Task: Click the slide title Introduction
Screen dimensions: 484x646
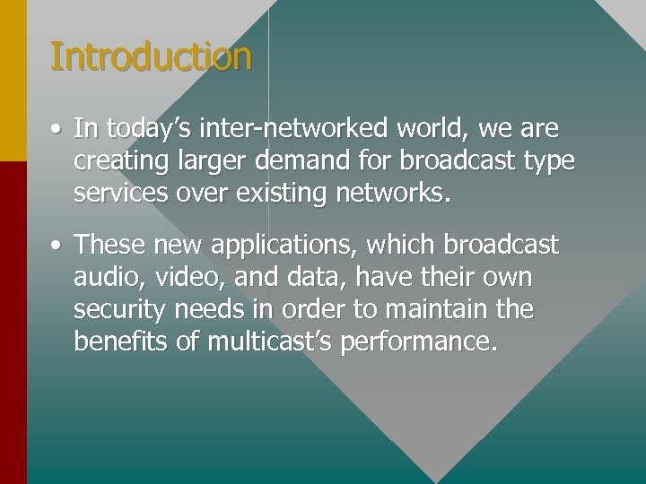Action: pos(151,56)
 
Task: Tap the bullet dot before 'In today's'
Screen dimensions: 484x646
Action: pos(57,130)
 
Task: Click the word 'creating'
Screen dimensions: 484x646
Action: pos(114,162)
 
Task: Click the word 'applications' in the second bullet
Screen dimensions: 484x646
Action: pos(292,245)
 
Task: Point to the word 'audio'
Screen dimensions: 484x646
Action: pos(103,277)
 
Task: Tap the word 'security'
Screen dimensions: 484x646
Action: pos(117,309)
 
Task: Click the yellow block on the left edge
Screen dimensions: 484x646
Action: pos(13,81)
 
